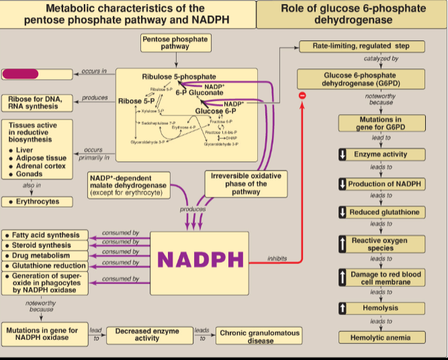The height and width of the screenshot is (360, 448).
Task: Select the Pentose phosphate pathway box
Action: coord(175,43)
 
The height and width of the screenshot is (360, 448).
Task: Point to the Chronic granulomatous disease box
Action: coord(259,336)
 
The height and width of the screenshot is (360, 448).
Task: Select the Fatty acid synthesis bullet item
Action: coord(45,236)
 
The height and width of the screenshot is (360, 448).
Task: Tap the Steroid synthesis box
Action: coord(45,246)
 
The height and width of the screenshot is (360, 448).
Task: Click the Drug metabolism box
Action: coord(45,256)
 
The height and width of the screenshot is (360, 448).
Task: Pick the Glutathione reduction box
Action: coord(45,266)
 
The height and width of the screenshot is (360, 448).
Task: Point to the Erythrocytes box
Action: coord(40,201)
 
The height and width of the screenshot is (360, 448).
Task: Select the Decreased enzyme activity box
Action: coord(147,334)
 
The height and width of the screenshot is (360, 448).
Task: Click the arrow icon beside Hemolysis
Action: coord(343,308)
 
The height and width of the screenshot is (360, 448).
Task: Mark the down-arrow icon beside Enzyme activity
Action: coord(343,155)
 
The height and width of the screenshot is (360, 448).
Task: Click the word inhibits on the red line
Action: coord(277,258)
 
